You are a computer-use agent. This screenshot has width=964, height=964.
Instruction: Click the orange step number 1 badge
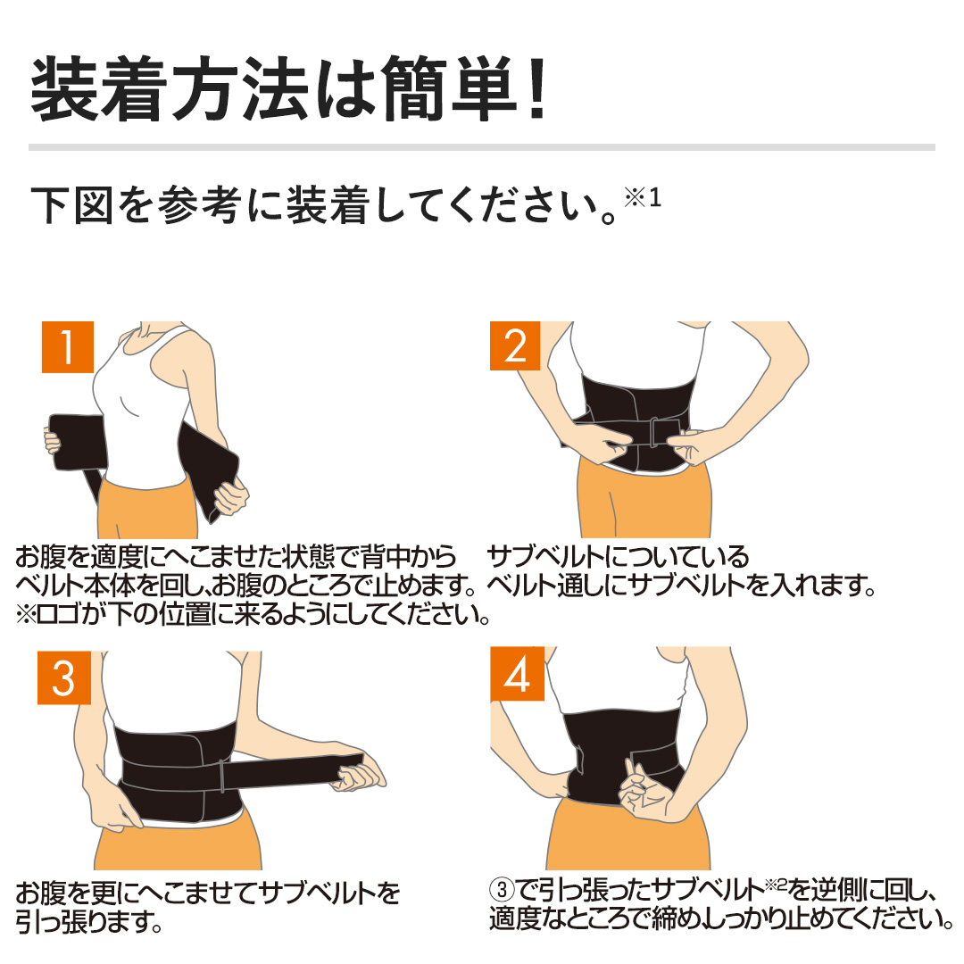[67, 347]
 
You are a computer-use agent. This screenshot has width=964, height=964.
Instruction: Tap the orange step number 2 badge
[515, 347]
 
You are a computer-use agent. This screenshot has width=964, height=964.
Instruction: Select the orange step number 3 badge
[63, 678]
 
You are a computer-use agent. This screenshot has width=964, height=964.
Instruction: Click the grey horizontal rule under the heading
[482, 146]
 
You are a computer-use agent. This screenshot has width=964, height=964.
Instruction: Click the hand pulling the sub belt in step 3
[361, 775]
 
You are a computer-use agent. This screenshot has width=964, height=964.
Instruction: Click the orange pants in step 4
[616, 839]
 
